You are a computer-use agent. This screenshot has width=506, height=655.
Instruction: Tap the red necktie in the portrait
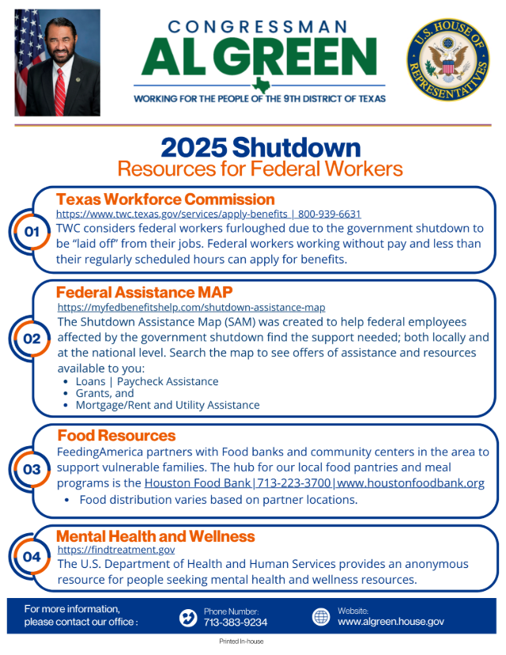pyautogui.click(x=60, y=90)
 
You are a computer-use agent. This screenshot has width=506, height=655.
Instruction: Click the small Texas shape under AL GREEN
pyautogui.click(x=259, y=85)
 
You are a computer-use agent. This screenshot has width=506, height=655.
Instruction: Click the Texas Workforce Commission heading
pyautogui.click(x=165, y=199)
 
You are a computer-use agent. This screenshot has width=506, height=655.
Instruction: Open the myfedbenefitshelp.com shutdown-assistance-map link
pyautogui.click(x=191, y=307)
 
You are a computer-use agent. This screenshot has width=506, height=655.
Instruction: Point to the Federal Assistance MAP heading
pyautogui.click(x=144, y=293)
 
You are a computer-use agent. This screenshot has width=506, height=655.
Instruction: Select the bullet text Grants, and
pyautogui.click(x=104, y=393)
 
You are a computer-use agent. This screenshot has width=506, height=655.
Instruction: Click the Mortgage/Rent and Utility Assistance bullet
pyautogui.click(x=167, y=405)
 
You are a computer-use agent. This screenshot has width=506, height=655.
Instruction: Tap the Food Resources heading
pyautogui.click(x=116, y=436)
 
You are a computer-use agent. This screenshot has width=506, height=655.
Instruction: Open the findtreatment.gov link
pyautogui.click(x=116, y=549)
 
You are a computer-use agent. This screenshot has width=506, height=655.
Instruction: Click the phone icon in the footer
pyautogui.click(x=188, y=617)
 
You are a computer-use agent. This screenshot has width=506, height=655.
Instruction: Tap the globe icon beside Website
pyautogui.click(x=321, y=617)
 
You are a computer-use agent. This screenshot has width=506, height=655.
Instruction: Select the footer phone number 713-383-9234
pyautogui.click(x=236, y=623)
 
